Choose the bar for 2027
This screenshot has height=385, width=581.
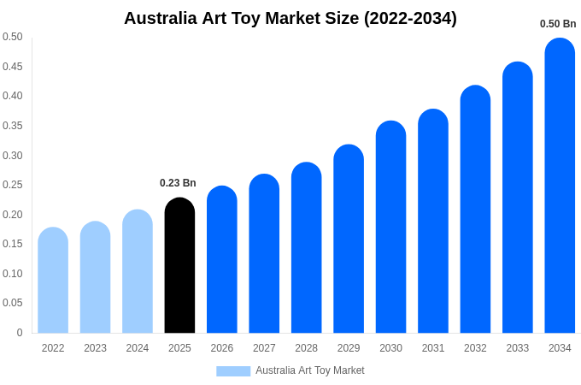tap(264, 254)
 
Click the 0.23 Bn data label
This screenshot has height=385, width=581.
tap(178, 183)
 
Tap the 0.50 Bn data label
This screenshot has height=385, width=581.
tap(558, 24)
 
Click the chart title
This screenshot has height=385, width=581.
tap(290, 18)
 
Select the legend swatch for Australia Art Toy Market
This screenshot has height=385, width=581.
tap(233, 371)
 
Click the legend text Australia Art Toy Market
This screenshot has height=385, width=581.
tap(309, 370)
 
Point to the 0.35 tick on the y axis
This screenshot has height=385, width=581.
tap(12, 126)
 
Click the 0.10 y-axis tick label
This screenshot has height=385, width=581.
tap(12, 274)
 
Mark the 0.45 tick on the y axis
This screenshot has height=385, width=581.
tap(12, 67)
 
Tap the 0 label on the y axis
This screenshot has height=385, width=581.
tap(19, 333)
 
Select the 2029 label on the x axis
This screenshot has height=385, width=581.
tap(349, 348)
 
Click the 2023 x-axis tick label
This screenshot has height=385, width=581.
tap(95, 348)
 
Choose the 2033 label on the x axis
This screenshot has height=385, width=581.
tap(518, 348)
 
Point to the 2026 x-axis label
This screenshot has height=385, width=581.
tap(222, 348)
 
